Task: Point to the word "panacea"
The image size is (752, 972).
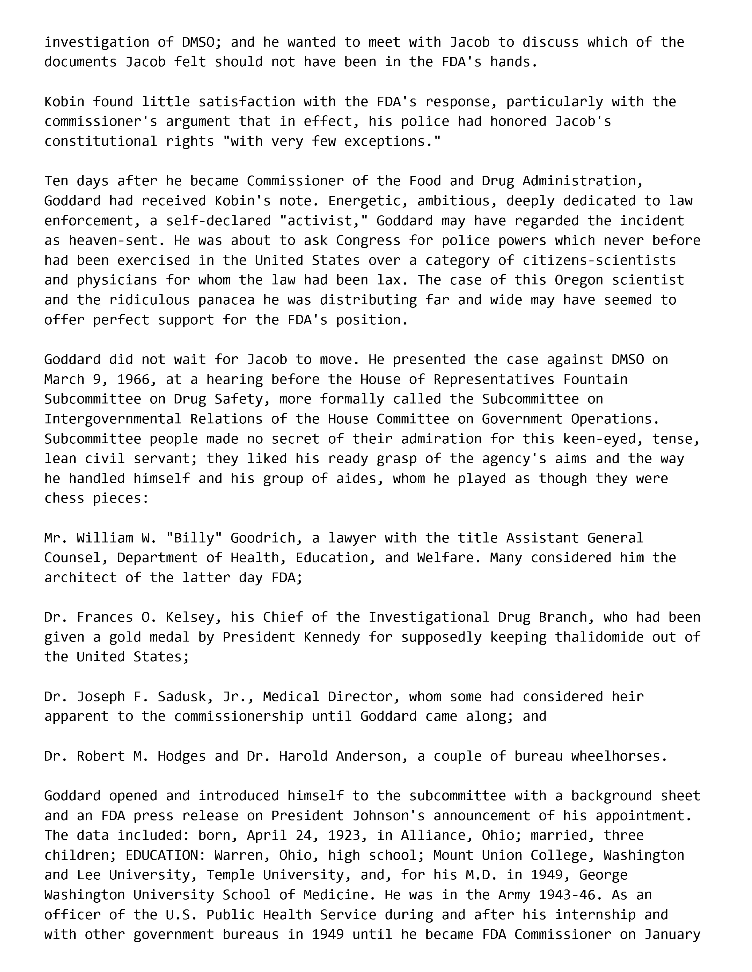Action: (226, 300)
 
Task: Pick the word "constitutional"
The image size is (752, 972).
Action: (101, 141)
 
